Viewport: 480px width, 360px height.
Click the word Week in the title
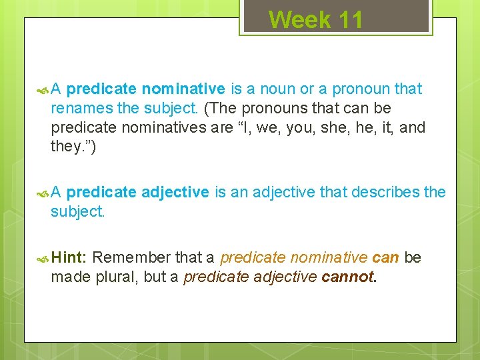point(300,19)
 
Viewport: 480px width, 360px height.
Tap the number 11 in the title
point(350,19)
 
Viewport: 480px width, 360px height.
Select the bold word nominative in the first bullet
point(183,89)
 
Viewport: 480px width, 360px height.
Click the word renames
point(75,108)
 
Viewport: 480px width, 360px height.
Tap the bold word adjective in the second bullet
point(175,192)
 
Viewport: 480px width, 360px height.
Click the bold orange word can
point(386,257)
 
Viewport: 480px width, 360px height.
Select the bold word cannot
point(349,277)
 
